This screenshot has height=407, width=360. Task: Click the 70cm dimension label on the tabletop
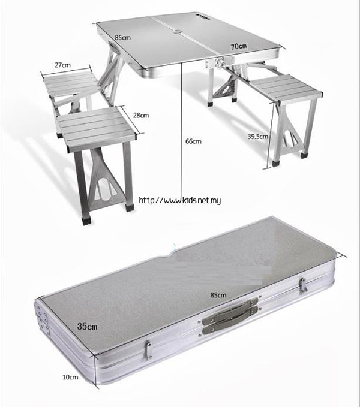(x=239, y=47)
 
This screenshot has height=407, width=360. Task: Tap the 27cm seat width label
(x=62, y=65)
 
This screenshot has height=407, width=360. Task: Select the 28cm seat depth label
(x=141, y=115)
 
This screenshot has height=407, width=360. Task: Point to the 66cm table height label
(x=193, y=141)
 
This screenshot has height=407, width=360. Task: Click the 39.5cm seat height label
(x=257, y=136)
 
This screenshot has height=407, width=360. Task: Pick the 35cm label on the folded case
(x=87, y=326)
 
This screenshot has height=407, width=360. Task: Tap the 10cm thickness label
(x=70, y=377)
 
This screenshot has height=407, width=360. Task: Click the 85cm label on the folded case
(x=218, y=295)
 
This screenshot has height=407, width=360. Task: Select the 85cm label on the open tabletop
(x=123, y=37)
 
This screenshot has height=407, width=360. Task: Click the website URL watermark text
(x=180, y=200)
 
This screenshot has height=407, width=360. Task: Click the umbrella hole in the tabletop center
(x=178, y=32)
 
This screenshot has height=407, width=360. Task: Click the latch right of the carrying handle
(x=302, y=286)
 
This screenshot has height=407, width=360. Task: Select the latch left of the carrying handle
(x=148, y=350)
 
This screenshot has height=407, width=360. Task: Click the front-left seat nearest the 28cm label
(x=96, y=129)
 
